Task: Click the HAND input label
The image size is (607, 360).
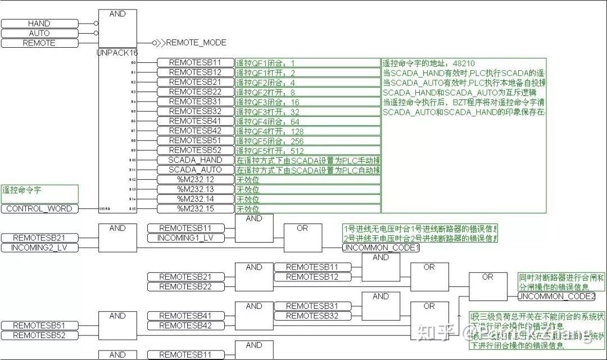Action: tap(39, 24)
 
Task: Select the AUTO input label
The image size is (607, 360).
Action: tap(39, 33)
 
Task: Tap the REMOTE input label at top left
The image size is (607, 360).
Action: tap(39, 43)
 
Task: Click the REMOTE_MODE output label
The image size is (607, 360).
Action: tap(196, 43)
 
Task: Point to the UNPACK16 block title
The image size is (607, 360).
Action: tap(117, 52)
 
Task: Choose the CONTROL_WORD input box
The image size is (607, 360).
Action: tap(39, 208)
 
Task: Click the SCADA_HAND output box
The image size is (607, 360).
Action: tap(195, 160)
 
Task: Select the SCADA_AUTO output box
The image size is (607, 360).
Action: tap(195, 170)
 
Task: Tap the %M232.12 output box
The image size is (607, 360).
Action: tap(195, 179)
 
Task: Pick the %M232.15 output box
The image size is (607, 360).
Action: tap(195, 208)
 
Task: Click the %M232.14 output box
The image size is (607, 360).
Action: tap(195, 199)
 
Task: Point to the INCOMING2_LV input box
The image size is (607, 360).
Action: tap(39, 248)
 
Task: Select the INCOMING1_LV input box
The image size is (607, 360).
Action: tap(185, 238)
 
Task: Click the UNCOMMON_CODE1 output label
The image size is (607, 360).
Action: tap(381, 248)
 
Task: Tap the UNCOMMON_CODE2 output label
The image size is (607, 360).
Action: tap(556, 296)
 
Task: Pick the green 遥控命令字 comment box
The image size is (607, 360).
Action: tap(39, 194)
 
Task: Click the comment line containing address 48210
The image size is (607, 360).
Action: tap(422, 63)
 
